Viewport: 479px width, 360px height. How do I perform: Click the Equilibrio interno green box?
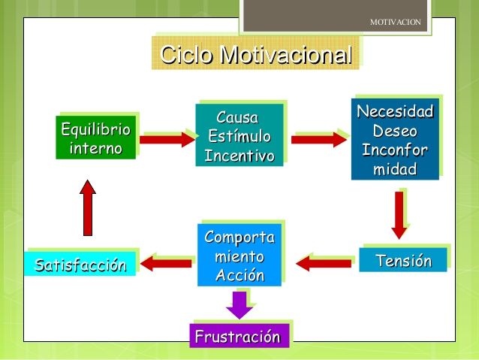(x=95, y=138)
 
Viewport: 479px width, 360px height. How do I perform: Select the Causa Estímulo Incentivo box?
(x=239, y=135)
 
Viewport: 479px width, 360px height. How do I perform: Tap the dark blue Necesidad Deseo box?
(x=395, y=139)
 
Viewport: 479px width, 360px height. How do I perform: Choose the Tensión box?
(x=403, y=260)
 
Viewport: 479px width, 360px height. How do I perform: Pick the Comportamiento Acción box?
(x=239, y=255)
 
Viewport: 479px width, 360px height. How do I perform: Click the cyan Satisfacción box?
(x=80, y=264)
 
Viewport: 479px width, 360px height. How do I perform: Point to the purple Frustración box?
(x=239, y=336)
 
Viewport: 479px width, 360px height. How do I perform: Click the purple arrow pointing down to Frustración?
(x=239, y=305)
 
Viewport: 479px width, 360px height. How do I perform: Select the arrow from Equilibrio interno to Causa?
(x=167, y=140)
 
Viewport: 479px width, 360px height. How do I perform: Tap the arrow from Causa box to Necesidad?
(x=319, y=140)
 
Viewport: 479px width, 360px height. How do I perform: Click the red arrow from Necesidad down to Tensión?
(x=399, y=216)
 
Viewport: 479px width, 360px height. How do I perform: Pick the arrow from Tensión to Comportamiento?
(x=324, y=263)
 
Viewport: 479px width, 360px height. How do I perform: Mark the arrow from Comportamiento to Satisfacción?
(x=166, y=263)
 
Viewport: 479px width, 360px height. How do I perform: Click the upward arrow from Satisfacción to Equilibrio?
(x=88, y=207)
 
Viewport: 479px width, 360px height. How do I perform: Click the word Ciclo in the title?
(x=185, y=55)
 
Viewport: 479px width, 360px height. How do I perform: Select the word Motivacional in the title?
(x=286, y=55)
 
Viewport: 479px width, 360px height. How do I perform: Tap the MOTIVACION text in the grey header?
(x=396, y=22)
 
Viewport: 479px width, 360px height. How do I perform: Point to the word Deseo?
(x=395, y=131)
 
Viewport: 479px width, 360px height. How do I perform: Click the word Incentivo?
(x=239, y=156)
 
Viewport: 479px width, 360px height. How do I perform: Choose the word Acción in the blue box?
(x=240, y=275)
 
